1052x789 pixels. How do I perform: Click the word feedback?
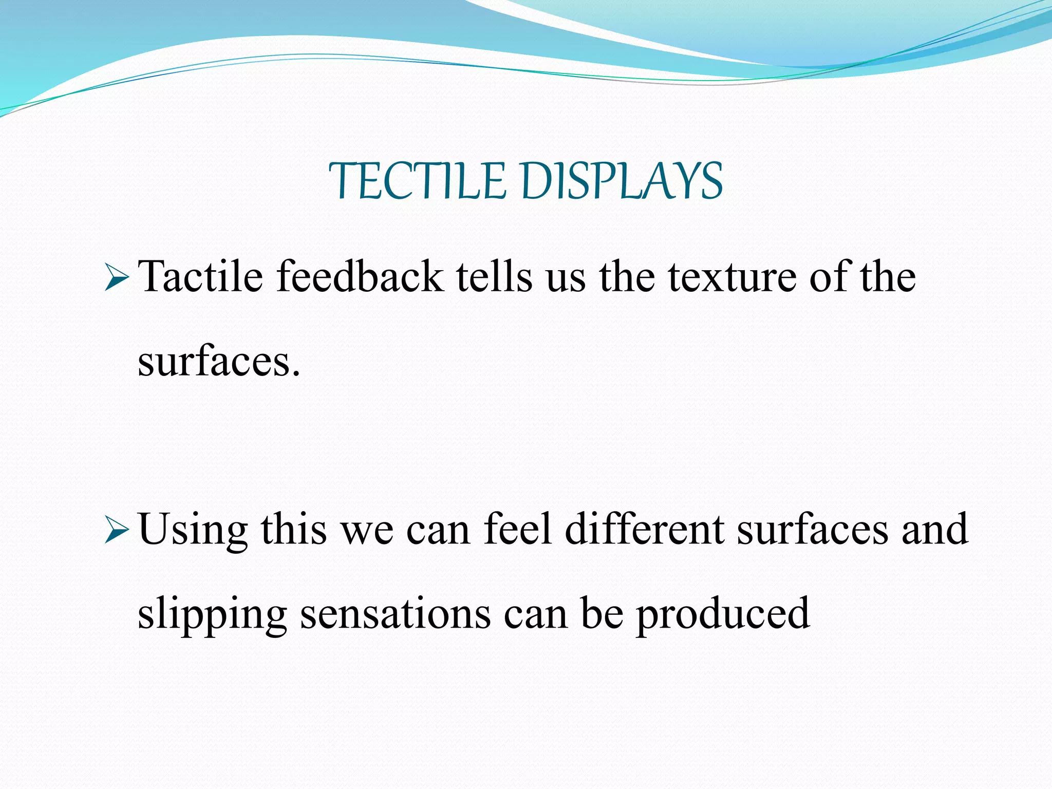pyautogui.click(x=360, y=277)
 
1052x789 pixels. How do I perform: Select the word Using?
pyautogui.click(x=193, y=530)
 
